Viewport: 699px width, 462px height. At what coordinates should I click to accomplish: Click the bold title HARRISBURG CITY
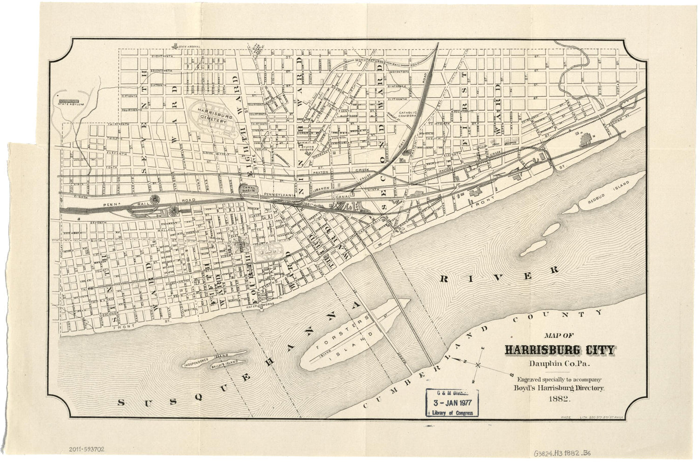tap(559, 350)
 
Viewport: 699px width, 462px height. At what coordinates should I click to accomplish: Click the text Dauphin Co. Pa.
tap(559, 363)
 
